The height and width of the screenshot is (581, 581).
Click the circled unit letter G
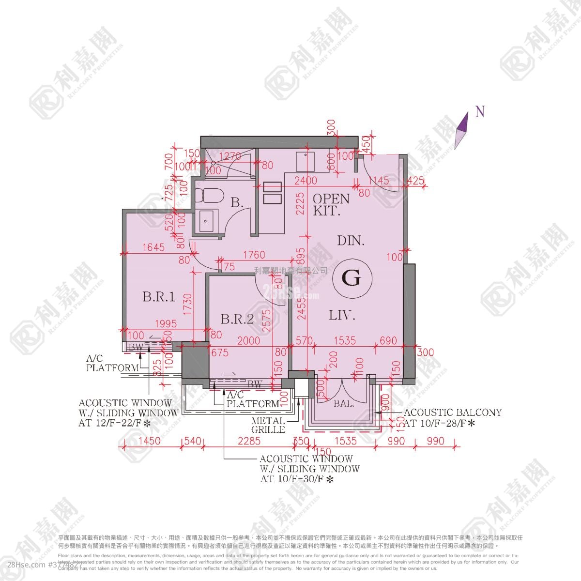click(x=352, y=278)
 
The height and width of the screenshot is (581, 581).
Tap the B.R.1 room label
click(x=158, y=296)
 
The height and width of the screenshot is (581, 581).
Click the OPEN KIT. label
click(x=331, y=204)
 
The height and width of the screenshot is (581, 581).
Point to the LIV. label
click(x=342, y=316)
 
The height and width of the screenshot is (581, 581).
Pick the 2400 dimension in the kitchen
click(x=307, y=181)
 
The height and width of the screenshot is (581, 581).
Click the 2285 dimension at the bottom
click(x=249, y=441)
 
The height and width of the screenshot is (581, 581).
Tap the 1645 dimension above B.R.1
click(x=154, y=247)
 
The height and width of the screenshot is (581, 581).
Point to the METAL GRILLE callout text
click(x=268, y=425)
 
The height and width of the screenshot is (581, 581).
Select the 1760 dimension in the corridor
click(x=254, y=255)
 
